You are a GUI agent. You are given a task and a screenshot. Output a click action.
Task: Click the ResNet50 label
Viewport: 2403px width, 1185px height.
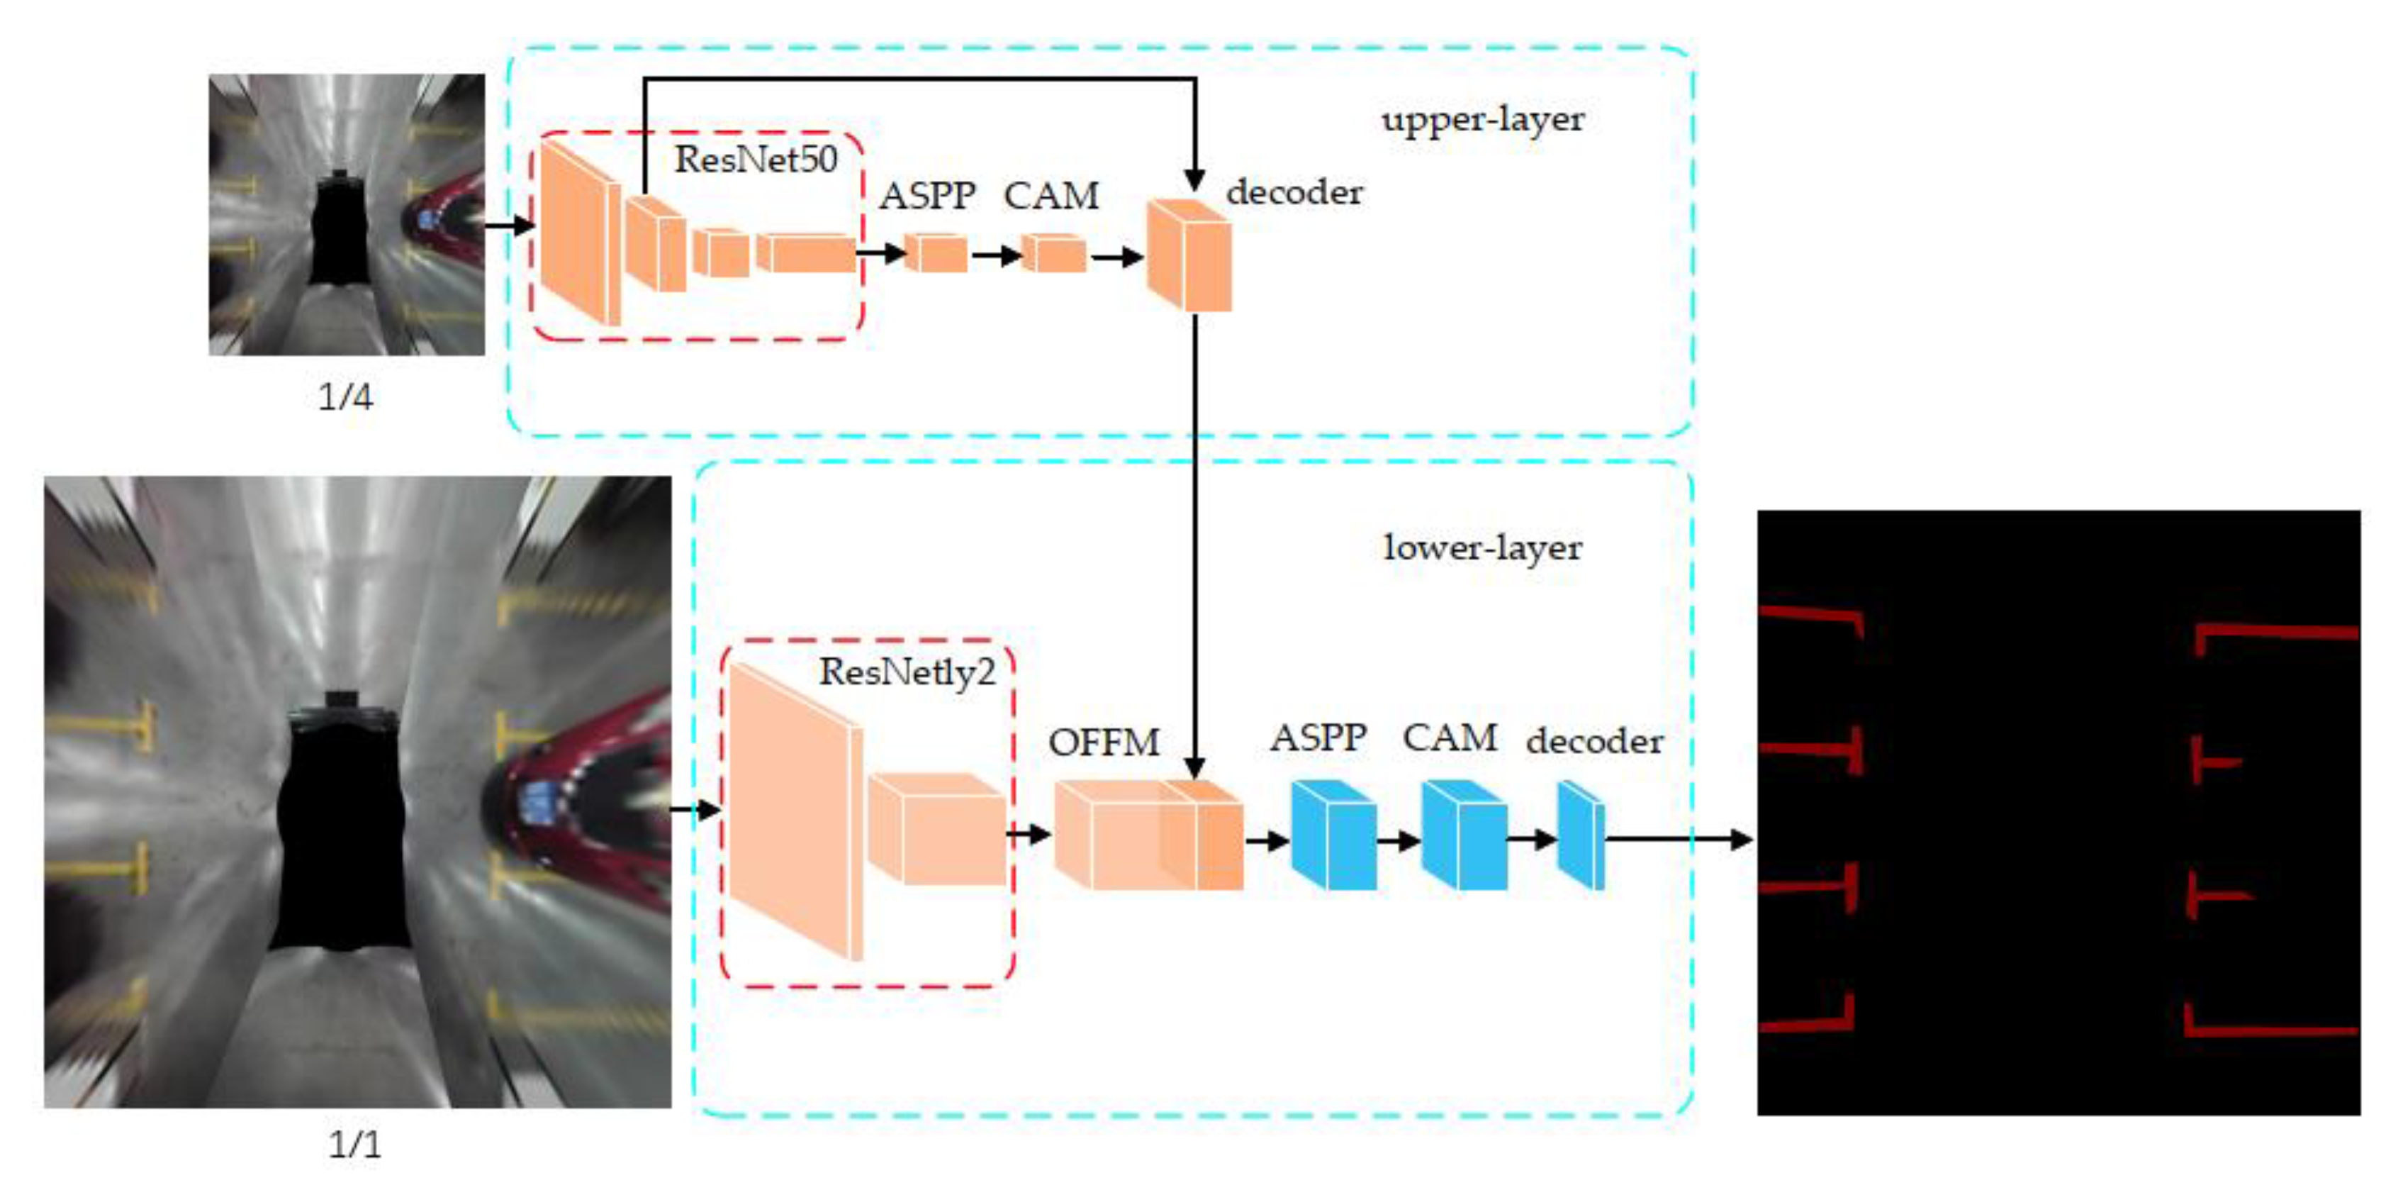pyautogui.click(x=756, y=160)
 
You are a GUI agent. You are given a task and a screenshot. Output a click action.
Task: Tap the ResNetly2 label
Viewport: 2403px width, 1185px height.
pyautogui.click(x=907, y=672)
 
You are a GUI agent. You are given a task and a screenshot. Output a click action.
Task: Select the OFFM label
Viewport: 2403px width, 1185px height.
pyautogui.click(x=1104, y=742)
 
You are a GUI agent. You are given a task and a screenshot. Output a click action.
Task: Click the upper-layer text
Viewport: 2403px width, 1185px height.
pyautogui.click(x=1482, y=119)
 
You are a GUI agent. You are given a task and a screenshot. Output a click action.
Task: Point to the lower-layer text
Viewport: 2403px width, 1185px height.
pyautogui.click(x=1482, y=547)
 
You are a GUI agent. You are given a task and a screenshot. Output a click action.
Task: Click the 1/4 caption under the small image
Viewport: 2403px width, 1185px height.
pyautogui.click(x=345, y=398)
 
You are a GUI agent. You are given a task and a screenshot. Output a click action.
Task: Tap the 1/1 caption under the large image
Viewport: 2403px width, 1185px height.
pyautogui.click(x=354, y=1145)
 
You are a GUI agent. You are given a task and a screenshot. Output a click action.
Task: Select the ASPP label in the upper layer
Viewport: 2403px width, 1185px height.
pyautogui.click(x=927, y=196)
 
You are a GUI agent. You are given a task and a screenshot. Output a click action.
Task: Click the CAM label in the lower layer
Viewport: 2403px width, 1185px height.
pyautogui.click(x=1450, y=738)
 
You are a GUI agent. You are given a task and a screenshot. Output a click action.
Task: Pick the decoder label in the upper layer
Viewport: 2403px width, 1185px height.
pyautogui.click(x=1294, y=192)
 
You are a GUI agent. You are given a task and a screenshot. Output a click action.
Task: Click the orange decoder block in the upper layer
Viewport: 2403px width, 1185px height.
pyautogui.click(x=1190, y=257)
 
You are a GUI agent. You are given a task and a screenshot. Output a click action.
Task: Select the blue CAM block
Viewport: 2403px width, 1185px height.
pyautogui.click(x=1465, y=837)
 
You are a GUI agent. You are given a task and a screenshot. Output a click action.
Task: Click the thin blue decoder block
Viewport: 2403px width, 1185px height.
pyautogui.click(x=1581, y=837)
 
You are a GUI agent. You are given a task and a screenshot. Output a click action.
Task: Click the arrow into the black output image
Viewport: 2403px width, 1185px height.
pyautogui.click(x=1679, y=839)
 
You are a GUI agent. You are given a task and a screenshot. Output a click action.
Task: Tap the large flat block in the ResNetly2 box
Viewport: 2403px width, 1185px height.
pyautogui.click(x=793, y=812)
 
